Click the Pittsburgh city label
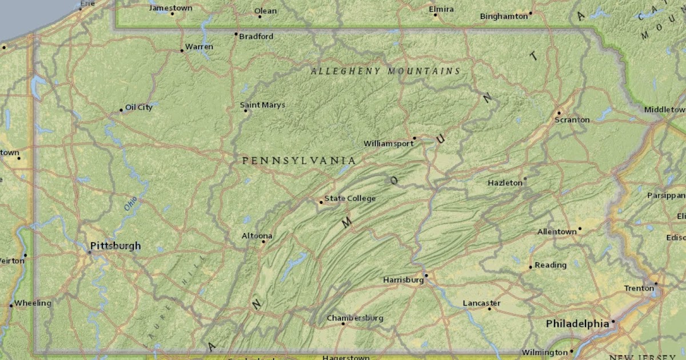click(115, 246)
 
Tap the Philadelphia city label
click(577, 324)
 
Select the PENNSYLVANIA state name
click(298, 161)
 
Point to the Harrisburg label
click(403, 280)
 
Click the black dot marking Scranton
click(559, 113)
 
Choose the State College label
click(350, 198)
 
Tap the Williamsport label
click(388, 143)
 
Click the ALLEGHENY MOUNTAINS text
click(385, 71)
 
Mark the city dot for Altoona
click(264, 242)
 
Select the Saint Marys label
click(262, 105)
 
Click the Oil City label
click(139, 107)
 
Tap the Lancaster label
click(481, 303)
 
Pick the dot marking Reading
click(531, 267)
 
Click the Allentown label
click(557, 232)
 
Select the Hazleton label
click(505, 183)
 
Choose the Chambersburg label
click(355, 318)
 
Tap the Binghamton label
click(504, 16)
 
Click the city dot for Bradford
click(236, 34)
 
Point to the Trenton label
click(639, 288)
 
